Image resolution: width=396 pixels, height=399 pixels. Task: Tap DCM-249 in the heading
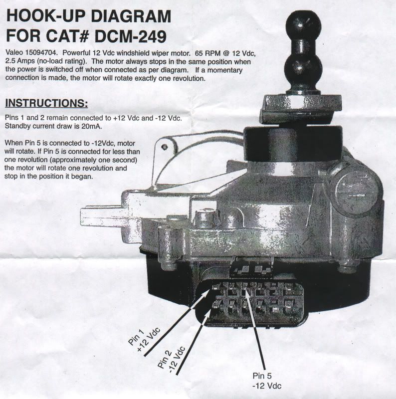[x=131, y=36]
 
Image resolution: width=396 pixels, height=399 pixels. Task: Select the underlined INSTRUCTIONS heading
[x=46, y=103]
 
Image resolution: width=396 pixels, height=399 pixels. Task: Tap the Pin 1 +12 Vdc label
[x=144, y=339]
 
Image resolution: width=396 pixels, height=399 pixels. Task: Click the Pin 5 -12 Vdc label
[x=267, y=381]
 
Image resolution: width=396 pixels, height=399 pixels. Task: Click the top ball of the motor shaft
[x=304, y=25]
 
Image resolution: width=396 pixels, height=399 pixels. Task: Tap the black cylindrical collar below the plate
[x=293, y=144]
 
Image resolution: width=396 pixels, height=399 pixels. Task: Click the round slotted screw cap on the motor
[x=356, y=191]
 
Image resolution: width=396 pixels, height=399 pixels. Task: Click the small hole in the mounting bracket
[x=165, y=147]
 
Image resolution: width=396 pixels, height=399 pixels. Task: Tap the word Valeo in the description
[x=14, y=53]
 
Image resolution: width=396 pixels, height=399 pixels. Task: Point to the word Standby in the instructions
[x=17, y=126]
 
